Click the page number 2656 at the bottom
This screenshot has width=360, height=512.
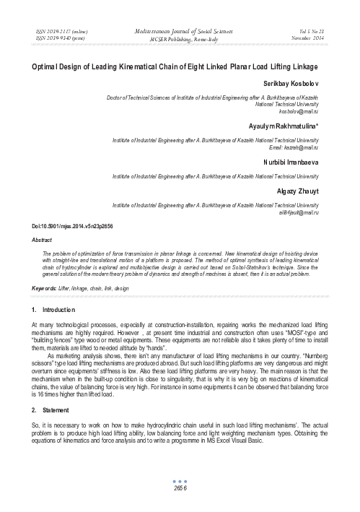[x=180, y=488]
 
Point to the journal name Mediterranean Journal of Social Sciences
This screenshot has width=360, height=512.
[x=180, y=32]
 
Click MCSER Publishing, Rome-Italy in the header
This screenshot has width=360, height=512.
[x=180, y=39]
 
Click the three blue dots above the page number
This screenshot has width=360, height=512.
[x=180, y=480]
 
